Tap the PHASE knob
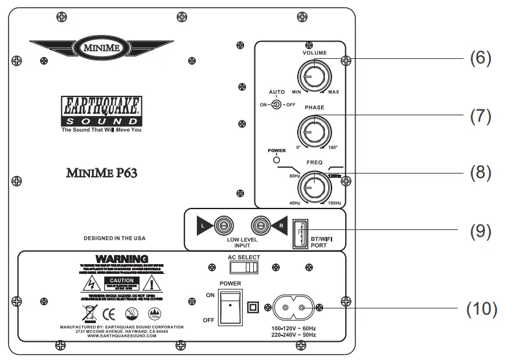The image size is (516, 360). pyautogui.click(x=311, y=131)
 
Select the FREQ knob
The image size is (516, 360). pyautogui.click(x=311, y=187)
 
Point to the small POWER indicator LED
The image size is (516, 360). pyautogui.click(x=276, y=160)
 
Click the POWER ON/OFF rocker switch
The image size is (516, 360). pyautogui.click(x=229, y=307)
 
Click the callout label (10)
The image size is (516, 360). pyautogui.click(x=482, y=308)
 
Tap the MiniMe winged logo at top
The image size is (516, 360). pyautogui.click(x=99, y=47)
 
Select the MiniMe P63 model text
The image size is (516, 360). pyautogui.click(x=100, y=173)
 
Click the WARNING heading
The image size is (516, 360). pyautogui.click(x=122, y=260)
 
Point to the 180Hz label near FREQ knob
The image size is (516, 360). pyautogui.click(x=335, y=205)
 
